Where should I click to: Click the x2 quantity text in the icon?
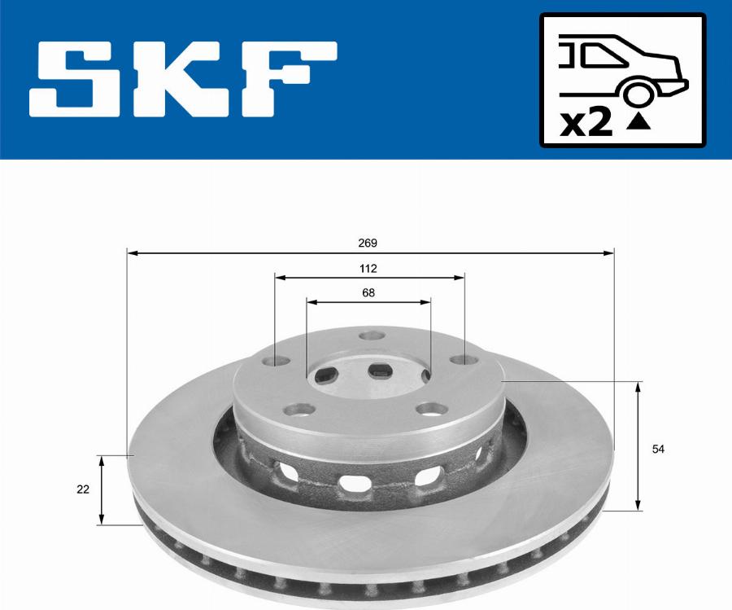[x=586, y=122]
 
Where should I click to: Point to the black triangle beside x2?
[x=640, y=123]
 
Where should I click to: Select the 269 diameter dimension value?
[x=368, y=243]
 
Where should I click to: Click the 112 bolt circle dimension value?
[x=368, y=268]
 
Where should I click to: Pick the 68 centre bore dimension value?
[x=368, y=292]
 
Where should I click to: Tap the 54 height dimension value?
[x=658, y=449]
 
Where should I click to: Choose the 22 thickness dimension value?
[x=82, y=489]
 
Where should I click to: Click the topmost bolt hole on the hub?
[x=371, y=336]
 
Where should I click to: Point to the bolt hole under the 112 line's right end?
[x=461, y=360]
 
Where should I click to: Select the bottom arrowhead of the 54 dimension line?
[x=638, y=505]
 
